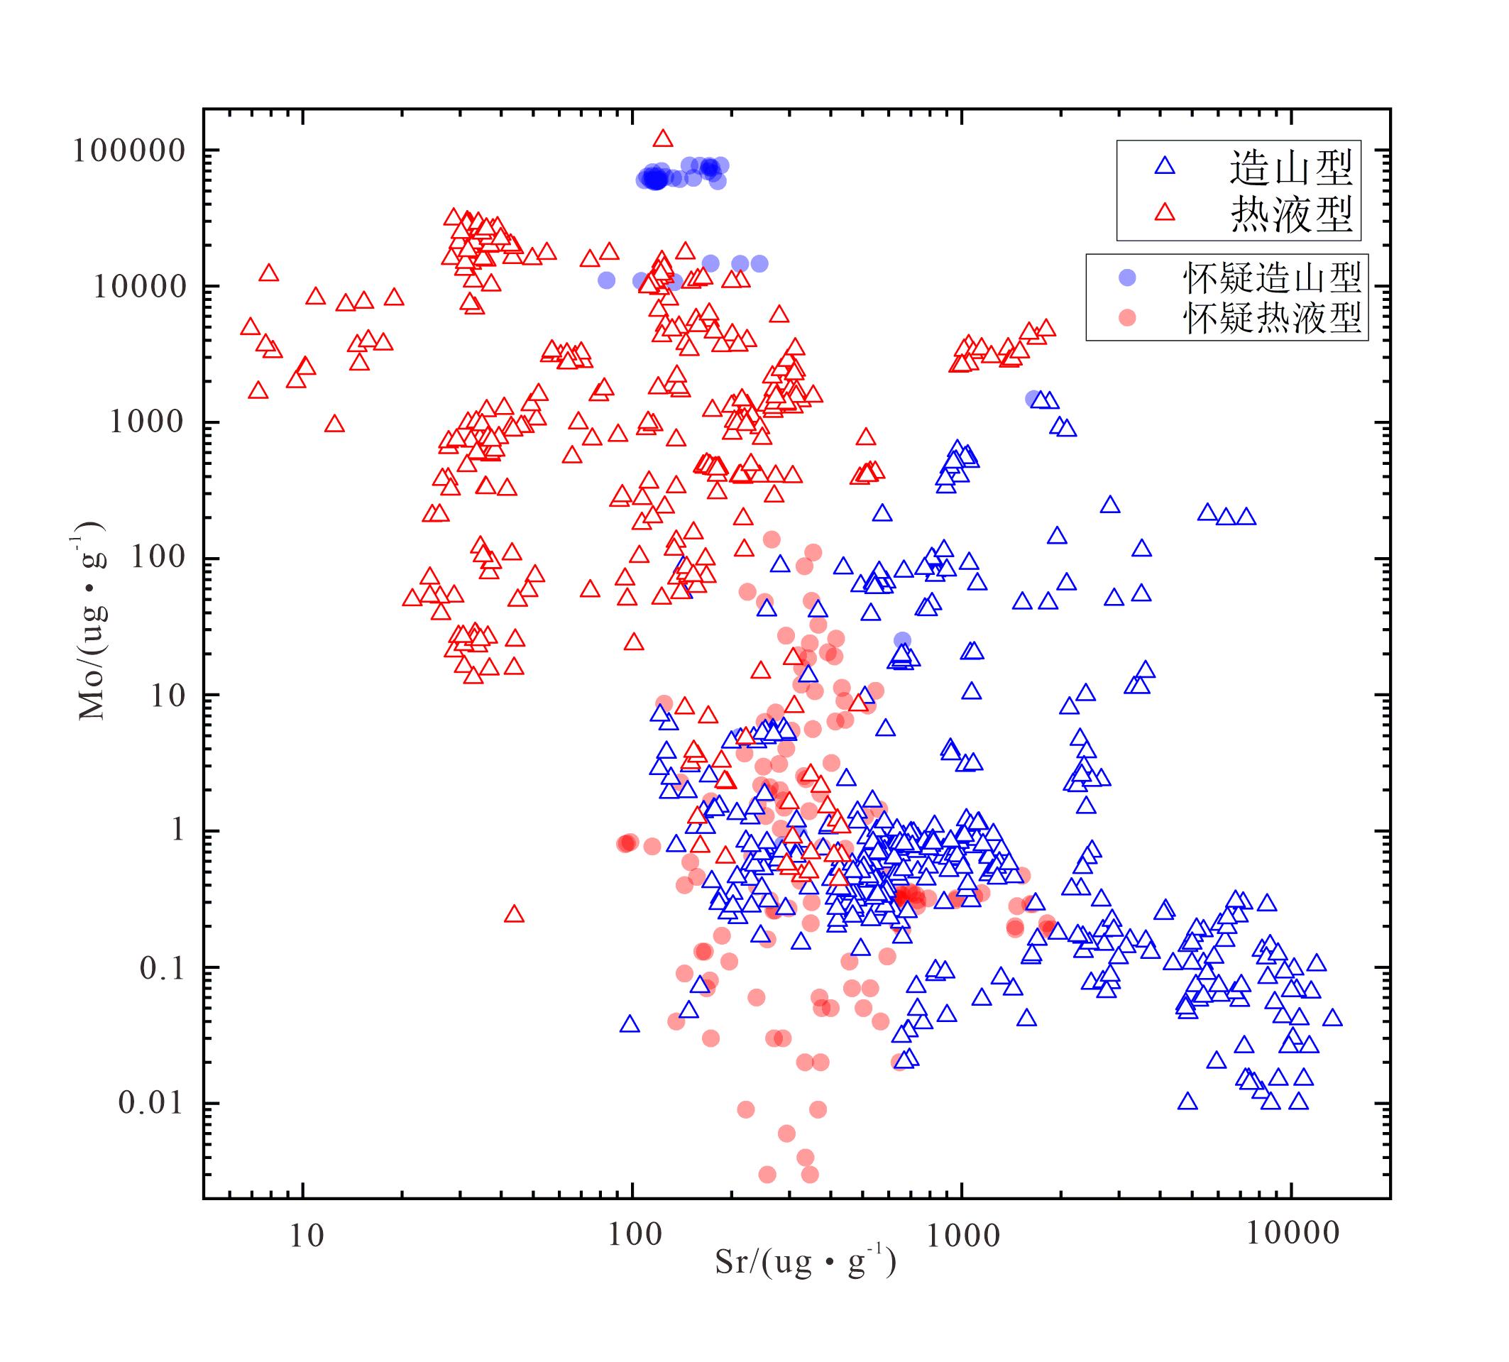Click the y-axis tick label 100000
point(128,151)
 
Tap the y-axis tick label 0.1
point(162,968)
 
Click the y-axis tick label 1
point(177,830)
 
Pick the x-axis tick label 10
point(306,1236)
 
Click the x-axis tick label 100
point(635,1236)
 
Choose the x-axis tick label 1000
point(963,1236)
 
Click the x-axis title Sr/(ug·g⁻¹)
point(806,1263)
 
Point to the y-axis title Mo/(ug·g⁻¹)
point(92,621)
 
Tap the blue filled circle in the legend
point(1126,278)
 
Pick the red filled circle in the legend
point(1126,318)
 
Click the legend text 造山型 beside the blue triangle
point(1291,167)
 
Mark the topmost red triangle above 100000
point(662,138)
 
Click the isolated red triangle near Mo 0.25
point(513,914)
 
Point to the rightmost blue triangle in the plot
point(1332,1018)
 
